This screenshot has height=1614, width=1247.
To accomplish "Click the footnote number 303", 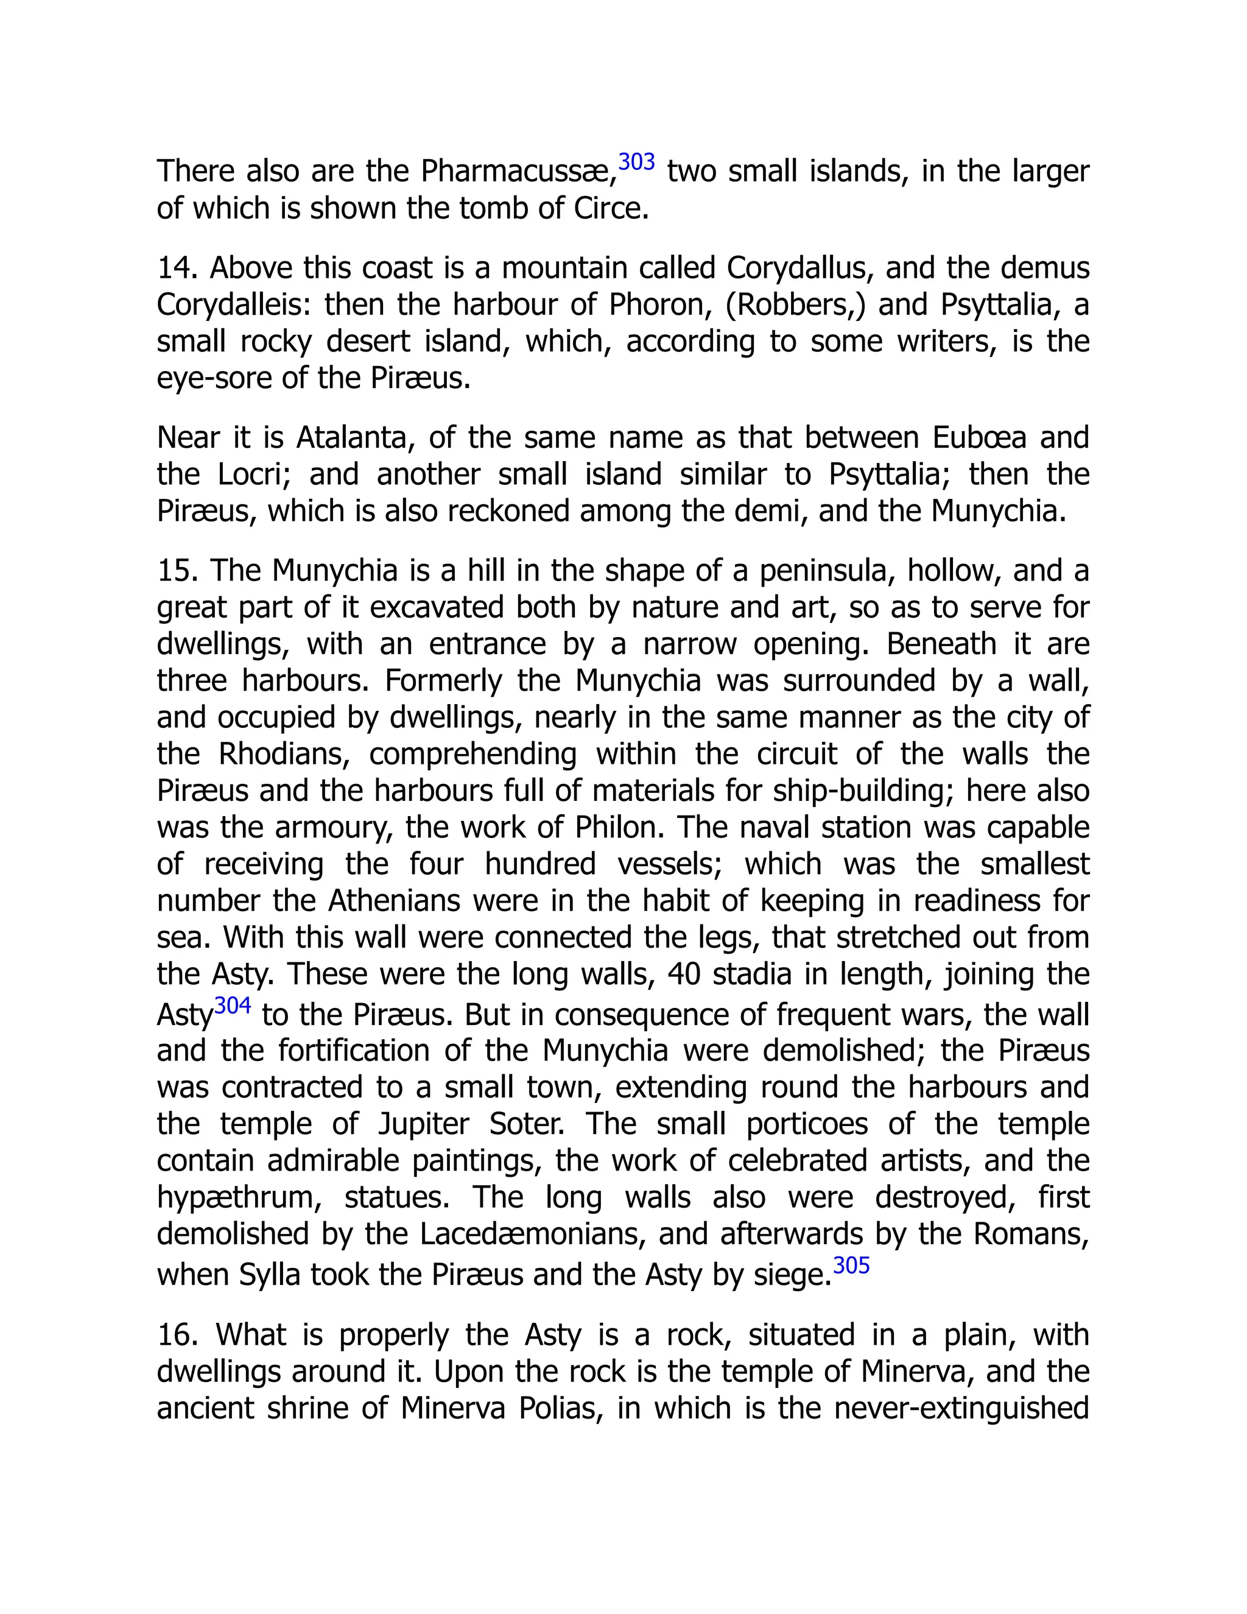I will pos(636,161).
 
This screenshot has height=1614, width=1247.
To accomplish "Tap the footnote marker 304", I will pos(233,1006).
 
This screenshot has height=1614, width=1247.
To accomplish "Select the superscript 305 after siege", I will pos(851,1265).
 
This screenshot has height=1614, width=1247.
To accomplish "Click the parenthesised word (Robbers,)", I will pos(795,305).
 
